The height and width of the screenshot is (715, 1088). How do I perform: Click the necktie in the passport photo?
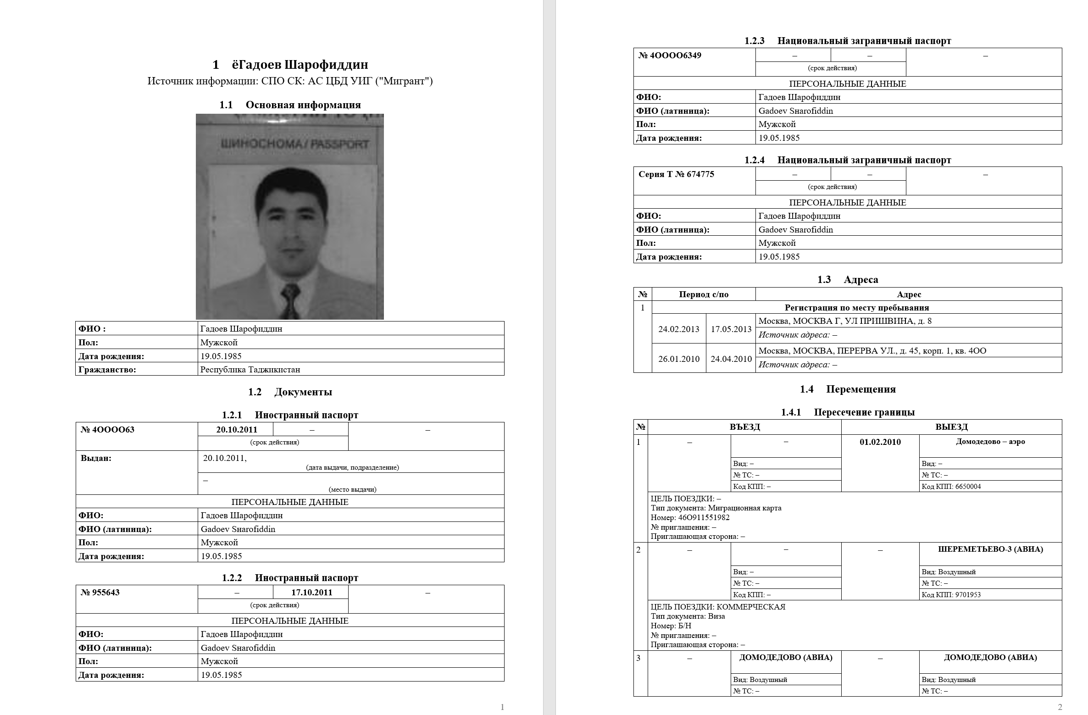[x=291, y=300]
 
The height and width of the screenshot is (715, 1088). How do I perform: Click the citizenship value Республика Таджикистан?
[x=250, y=370]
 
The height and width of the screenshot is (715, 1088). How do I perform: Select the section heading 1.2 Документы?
[x=290, y=392]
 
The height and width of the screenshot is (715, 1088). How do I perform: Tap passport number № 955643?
[x=100, y=593]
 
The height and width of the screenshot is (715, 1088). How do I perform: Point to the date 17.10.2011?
[x=311, y=593]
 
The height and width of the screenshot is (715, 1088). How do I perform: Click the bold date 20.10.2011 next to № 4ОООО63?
[x=237, y=430]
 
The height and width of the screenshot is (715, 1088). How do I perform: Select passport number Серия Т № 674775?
[x=676, y=174]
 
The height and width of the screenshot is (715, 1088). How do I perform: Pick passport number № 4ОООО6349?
[x=670, y=55]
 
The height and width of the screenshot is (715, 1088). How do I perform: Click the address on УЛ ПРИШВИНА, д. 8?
[x=845, y=321]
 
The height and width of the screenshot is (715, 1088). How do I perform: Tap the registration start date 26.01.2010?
[x=679, y=359]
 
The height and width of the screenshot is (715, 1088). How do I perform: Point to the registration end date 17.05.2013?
[x=731, y=329]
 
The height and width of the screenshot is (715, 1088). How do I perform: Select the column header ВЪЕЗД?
[x=744, y=427]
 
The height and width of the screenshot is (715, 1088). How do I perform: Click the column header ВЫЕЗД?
[x=951, y=427]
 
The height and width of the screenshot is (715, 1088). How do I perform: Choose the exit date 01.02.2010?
[x=880, y=442]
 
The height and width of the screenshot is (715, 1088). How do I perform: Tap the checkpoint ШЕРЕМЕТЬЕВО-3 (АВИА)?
[x=990, y=549]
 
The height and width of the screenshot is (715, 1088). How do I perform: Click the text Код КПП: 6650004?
[x=951, y=487]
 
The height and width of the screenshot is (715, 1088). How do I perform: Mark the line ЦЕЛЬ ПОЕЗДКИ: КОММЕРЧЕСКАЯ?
[x=718, y=607]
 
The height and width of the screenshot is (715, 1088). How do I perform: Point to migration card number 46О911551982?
[x=704, y=518]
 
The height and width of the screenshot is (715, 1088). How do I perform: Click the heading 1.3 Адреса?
[x=848, y=280]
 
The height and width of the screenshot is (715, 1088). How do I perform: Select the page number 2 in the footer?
[x=1060, y=707]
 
